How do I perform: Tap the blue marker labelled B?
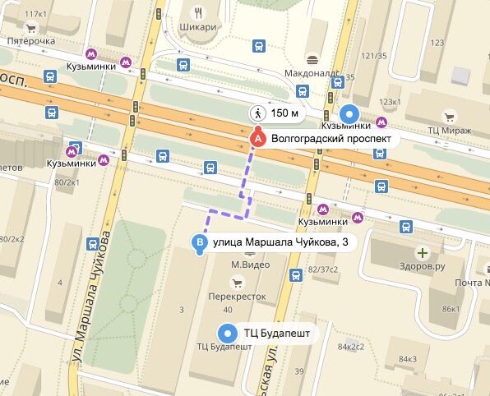point(199,242)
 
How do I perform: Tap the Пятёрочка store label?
point(30,41)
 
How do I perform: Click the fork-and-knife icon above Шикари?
point(197,12)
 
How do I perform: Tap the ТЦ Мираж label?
point(450,131)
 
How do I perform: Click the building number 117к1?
point(36,14)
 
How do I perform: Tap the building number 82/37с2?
point(323,269)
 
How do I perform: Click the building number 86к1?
point(450,309)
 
